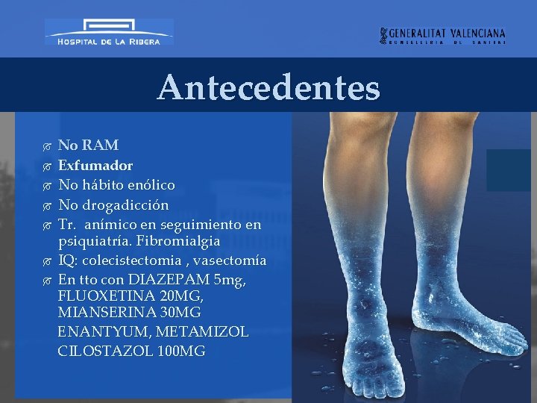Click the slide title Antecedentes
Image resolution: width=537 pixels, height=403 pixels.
click(268, 88)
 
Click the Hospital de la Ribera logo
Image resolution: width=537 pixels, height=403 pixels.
click(109, 33)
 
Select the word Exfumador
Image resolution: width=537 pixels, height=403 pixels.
click(95, 165)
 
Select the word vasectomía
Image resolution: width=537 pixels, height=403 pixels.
click(230, 260)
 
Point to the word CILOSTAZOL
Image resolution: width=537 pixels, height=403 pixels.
click(105, 351)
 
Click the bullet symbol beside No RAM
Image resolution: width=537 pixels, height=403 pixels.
click(47, 146)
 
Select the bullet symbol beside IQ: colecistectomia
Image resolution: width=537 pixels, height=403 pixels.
click(47, 261)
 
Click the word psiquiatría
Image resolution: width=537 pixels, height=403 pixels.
click(93, 242)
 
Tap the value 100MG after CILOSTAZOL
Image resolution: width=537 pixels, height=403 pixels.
click(182, 351)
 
